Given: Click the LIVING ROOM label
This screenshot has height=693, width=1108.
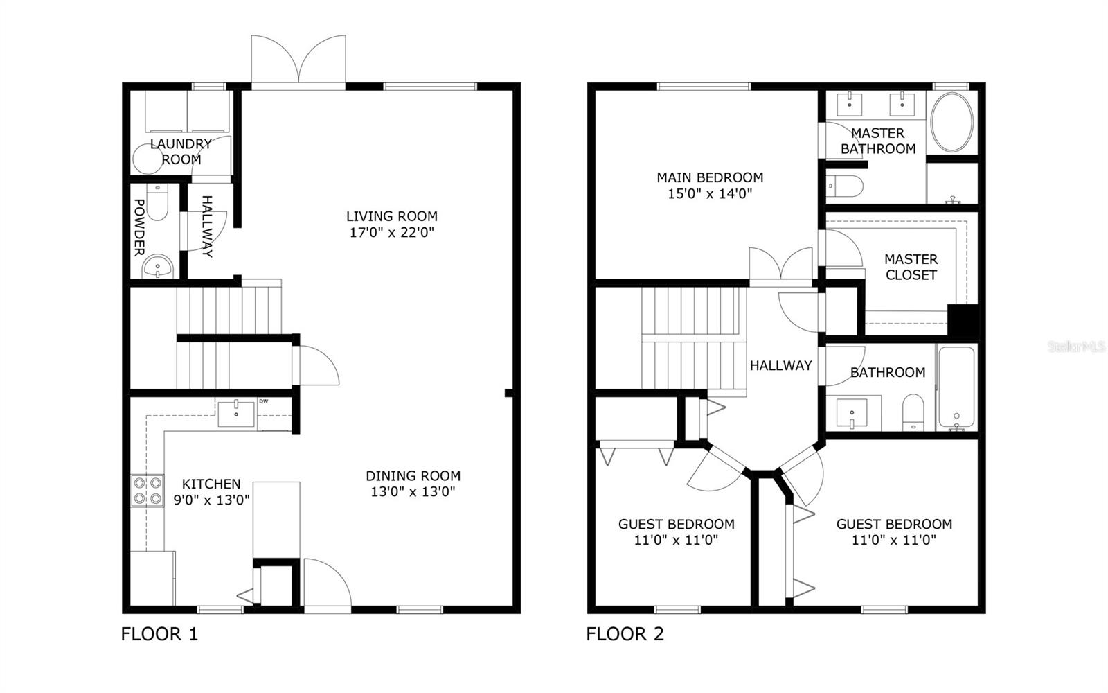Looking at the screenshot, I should click(392, 216).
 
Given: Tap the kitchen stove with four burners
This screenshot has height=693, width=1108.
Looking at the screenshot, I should click(148, 491).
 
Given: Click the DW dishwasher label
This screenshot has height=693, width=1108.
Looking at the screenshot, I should click(263, 401).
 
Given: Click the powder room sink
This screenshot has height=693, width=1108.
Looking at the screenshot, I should click(158, 267).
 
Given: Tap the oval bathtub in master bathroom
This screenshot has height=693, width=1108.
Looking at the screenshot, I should click(952, 122).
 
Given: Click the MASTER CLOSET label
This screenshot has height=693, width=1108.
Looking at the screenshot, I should click(911, 267).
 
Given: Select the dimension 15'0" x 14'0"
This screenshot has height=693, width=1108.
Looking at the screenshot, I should click(710, 194).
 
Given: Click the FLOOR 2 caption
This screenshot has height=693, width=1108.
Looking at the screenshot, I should click(625, 633).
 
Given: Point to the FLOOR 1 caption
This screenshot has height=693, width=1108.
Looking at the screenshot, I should click(159, 633).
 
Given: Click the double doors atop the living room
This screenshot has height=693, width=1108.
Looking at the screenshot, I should click(298, 61).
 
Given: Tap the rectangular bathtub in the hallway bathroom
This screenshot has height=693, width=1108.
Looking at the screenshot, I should click(956, 388).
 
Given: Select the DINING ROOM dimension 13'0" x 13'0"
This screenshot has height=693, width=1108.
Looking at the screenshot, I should click(413, 493).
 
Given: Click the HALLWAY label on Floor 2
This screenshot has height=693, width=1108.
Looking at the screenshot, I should click(780, 365).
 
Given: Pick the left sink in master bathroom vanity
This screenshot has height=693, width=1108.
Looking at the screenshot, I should click(849, 105).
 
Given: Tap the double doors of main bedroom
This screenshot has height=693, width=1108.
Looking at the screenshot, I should click(781, 266).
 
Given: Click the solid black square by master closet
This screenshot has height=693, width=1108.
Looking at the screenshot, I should click(963, 321).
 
